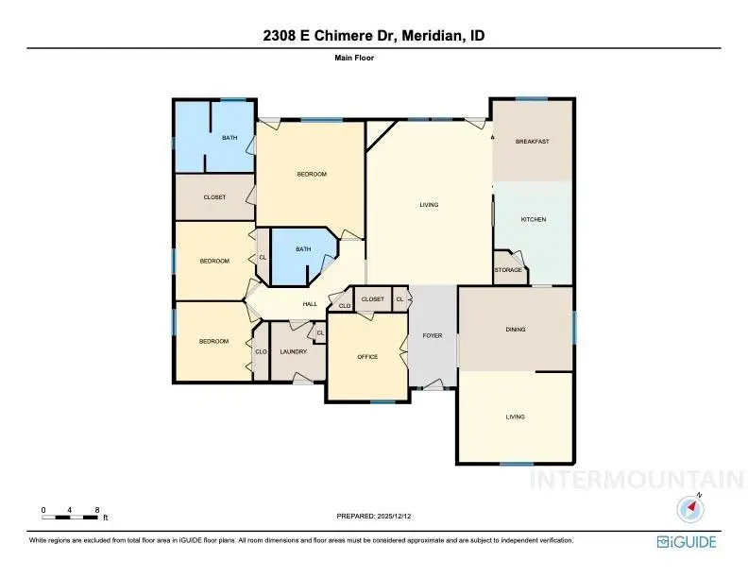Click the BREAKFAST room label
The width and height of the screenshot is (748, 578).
(532, 142)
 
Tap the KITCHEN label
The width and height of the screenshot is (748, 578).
(534, 219)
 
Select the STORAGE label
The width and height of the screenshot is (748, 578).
(508, 270)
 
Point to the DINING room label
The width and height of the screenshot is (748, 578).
(515, 330)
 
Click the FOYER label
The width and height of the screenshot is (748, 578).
(433, 335)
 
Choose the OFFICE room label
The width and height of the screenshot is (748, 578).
(367, 357)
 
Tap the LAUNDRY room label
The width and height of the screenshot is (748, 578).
(293, 352)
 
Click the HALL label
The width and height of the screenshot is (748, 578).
(310, 304)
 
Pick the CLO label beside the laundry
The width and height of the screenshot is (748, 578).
(261, 352)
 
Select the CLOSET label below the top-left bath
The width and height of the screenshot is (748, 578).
(214, 197)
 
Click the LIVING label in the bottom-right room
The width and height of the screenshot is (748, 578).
(515, 416)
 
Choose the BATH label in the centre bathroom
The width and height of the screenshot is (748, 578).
(303, 249)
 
